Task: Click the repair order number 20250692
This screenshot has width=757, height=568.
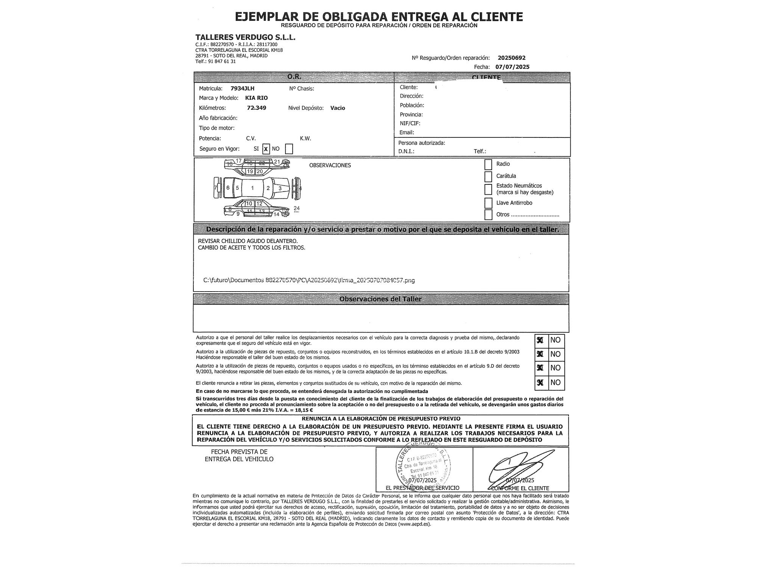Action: click(x=511, y=58)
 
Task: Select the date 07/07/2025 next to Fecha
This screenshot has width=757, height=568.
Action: click(x=512, y=67)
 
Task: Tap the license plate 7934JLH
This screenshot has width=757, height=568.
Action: click(x=242, y=89)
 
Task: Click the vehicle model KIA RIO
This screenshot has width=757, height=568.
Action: click(x=256, y=98)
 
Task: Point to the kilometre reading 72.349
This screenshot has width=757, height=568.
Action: click(x=256, y=108)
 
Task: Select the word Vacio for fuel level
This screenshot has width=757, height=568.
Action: click(x=338, y=108)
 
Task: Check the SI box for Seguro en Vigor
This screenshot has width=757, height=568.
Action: click(x=266, y=149)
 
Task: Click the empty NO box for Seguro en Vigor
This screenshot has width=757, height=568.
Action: click(x=289, y=149)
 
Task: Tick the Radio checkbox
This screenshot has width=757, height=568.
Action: click(x=488, y=164)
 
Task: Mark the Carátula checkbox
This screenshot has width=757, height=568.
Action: click(x=488, y=176)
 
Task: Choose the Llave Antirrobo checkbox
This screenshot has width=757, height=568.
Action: click(x=488, y=203)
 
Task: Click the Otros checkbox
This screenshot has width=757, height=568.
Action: click(x=488, y=215)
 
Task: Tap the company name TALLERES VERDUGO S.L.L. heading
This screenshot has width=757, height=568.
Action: click(x=245, y=37)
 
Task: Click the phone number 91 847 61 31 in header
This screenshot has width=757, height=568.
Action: click(x=222, y=61)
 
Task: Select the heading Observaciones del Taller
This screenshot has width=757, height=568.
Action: click(x=380, y=299)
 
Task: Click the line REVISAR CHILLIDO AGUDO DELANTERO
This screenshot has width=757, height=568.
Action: click(x=248, y=241)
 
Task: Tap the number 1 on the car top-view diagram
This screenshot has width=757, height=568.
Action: click(x=252, y=188)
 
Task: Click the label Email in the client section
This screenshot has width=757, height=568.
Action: click(x=407, y=133)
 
